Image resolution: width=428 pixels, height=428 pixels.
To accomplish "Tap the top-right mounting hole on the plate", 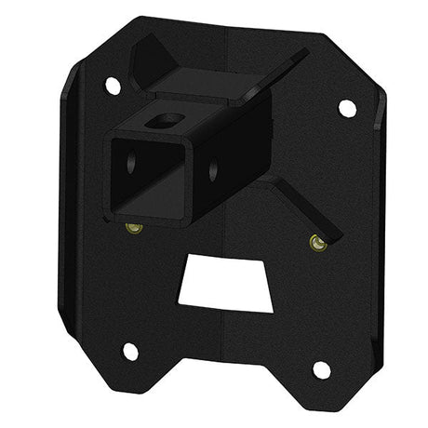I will point(346,108).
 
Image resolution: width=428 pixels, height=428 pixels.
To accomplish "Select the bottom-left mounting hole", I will point(130,351).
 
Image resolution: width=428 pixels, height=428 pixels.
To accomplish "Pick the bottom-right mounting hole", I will point(321,369).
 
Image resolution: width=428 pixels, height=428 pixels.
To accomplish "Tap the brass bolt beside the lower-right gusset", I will point(318,244).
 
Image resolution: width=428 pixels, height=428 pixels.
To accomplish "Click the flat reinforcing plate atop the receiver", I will point(200,88).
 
